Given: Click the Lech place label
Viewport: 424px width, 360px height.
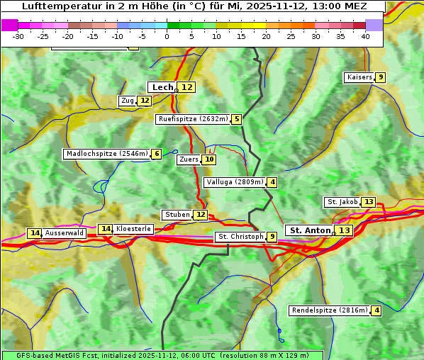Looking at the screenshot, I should point(162,87).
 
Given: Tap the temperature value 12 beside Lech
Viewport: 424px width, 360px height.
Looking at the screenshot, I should point(186,87).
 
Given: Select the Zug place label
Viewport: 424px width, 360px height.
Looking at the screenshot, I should point(127,101).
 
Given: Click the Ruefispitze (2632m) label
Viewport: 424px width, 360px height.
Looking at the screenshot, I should point(193,119).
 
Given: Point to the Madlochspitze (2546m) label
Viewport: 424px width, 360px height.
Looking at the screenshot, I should point(106,154).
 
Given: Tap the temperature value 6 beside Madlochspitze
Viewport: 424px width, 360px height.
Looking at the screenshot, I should point(156,154).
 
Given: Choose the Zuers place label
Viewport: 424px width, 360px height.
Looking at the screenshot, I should point(189,159).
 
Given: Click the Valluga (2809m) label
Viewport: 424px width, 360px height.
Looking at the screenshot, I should point(235,182).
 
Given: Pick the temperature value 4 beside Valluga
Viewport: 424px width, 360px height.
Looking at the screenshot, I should point(272,182).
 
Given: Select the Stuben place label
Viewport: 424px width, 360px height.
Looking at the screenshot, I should point(177,215).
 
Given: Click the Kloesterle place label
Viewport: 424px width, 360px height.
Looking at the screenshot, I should point(133,229).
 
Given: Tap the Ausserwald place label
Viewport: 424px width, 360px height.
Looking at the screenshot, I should point(65,233).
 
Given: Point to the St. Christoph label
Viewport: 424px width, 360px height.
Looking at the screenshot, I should point(240,237).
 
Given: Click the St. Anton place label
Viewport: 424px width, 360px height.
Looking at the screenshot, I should point(311,230).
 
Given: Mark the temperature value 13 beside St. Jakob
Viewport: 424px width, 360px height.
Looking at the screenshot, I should point(369,202).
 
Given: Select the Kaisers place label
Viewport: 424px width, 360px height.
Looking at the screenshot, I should point(359,77).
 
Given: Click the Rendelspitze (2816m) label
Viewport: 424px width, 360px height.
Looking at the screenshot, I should point(330,310).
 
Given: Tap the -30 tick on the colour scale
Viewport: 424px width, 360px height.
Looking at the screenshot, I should point(18,35).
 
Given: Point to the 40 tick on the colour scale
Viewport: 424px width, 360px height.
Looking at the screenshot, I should point(365,35).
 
